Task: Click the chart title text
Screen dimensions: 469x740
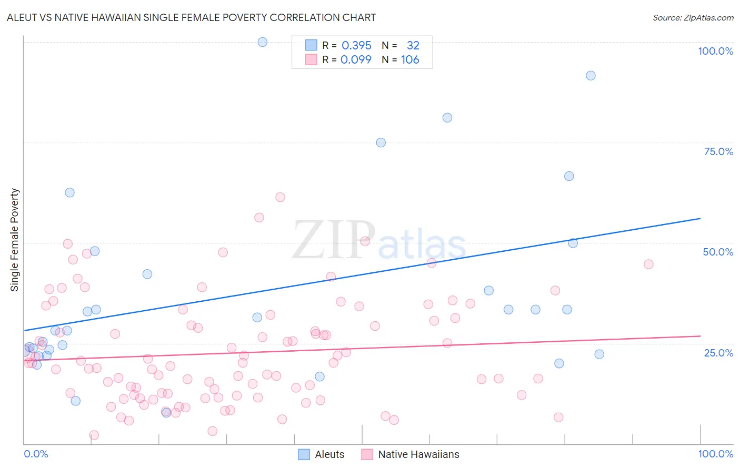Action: coord(191,17)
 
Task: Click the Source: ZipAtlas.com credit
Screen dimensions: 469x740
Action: coord(693,17)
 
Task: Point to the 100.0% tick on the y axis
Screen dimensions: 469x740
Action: coord(715,51)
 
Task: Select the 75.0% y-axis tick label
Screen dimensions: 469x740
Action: coord(718,151)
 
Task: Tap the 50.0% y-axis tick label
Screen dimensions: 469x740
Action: coord(718,252)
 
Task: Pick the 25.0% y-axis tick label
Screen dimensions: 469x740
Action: coord(718,352)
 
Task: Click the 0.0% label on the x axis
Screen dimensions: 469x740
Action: coord(36,454)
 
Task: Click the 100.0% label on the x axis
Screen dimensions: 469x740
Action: coord(715,454)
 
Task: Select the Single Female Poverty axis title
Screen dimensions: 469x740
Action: coord(15,240)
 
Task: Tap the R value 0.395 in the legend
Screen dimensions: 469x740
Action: coord(356,46)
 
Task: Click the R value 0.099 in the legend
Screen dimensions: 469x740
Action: coord(356,60)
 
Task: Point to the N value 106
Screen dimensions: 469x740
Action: coord(410,60)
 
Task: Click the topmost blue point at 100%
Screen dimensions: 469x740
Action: coord(263,42)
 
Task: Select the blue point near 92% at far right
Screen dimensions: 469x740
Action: coord(591,76)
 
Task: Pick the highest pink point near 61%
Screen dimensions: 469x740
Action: coord(280,197)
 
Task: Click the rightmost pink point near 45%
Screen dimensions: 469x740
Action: coord(648,264)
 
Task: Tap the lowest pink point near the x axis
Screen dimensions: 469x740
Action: coord(94,435)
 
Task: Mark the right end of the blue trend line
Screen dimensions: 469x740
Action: coord(700,218)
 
